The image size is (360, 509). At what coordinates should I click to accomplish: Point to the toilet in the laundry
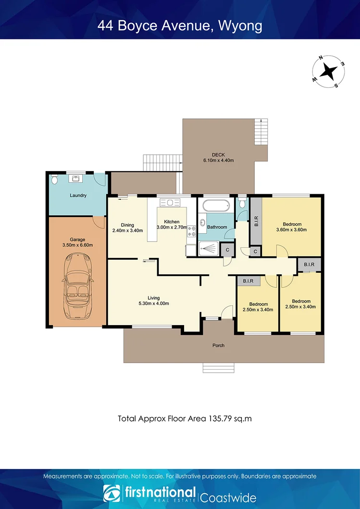click(54, 180)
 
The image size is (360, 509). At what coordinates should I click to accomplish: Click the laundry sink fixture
click(76, 179)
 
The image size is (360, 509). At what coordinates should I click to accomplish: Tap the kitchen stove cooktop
click(191, 231)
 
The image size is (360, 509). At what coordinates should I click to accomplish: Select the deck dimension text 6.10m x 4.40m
click(219, 160)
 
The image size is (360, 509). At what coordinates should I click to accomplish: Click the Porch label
click(218, 345)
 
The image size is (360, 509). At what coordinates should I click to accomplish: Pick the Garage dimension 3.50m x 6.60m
click(77, 245)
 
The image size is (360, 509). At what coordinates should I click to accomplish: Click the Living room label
click(153, 298)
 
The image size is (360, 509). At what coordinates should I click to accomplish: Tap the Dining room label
click(127, 225)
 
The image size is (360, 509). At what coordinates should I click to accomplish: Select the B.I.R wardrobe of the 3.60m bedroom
click(256, 220)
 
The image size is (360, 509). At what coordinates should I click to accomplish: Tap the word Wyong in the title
click(240, 25)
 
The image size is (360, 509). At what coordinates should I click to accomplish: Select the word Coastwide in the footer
click(228, 497)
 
